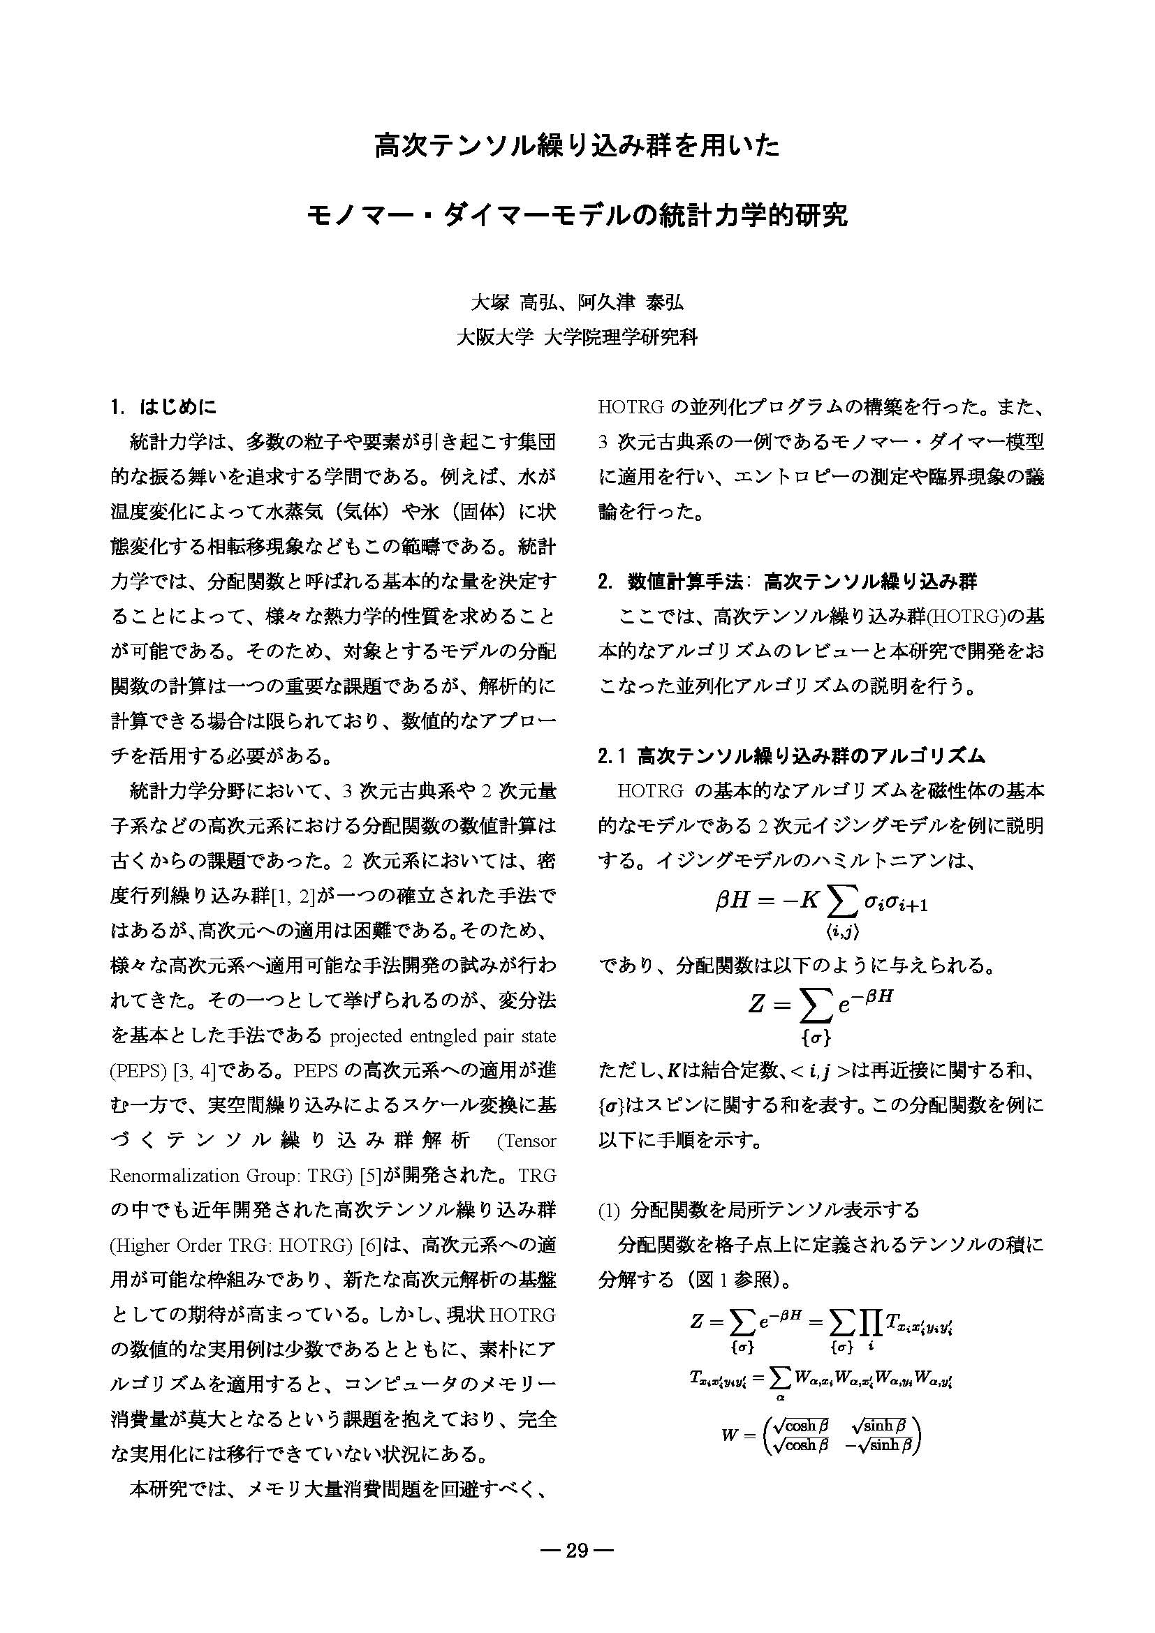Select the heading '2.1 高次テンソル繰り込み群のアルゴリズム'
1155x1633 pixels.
(x=792, y=756)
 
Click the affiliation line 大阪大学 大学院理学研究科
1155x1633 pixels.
(x=577, y=337)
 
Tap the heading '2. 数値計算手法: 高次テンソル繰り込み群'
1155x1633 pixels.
(x=787, y=582)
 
